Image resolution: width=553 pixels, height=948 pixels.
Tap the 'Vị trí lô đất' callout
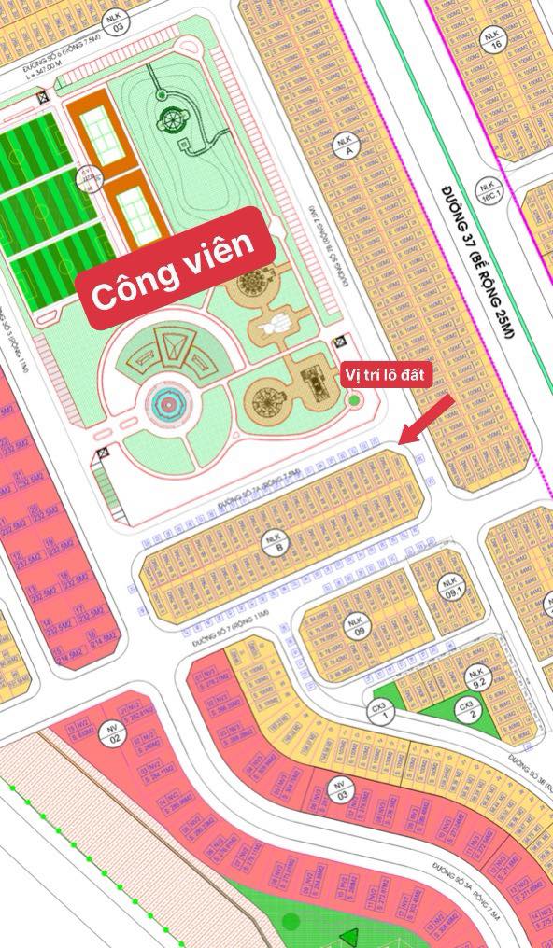tap(385, 374)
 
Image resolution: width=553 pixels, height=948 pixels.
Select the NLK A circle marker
tap(343, 144)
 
